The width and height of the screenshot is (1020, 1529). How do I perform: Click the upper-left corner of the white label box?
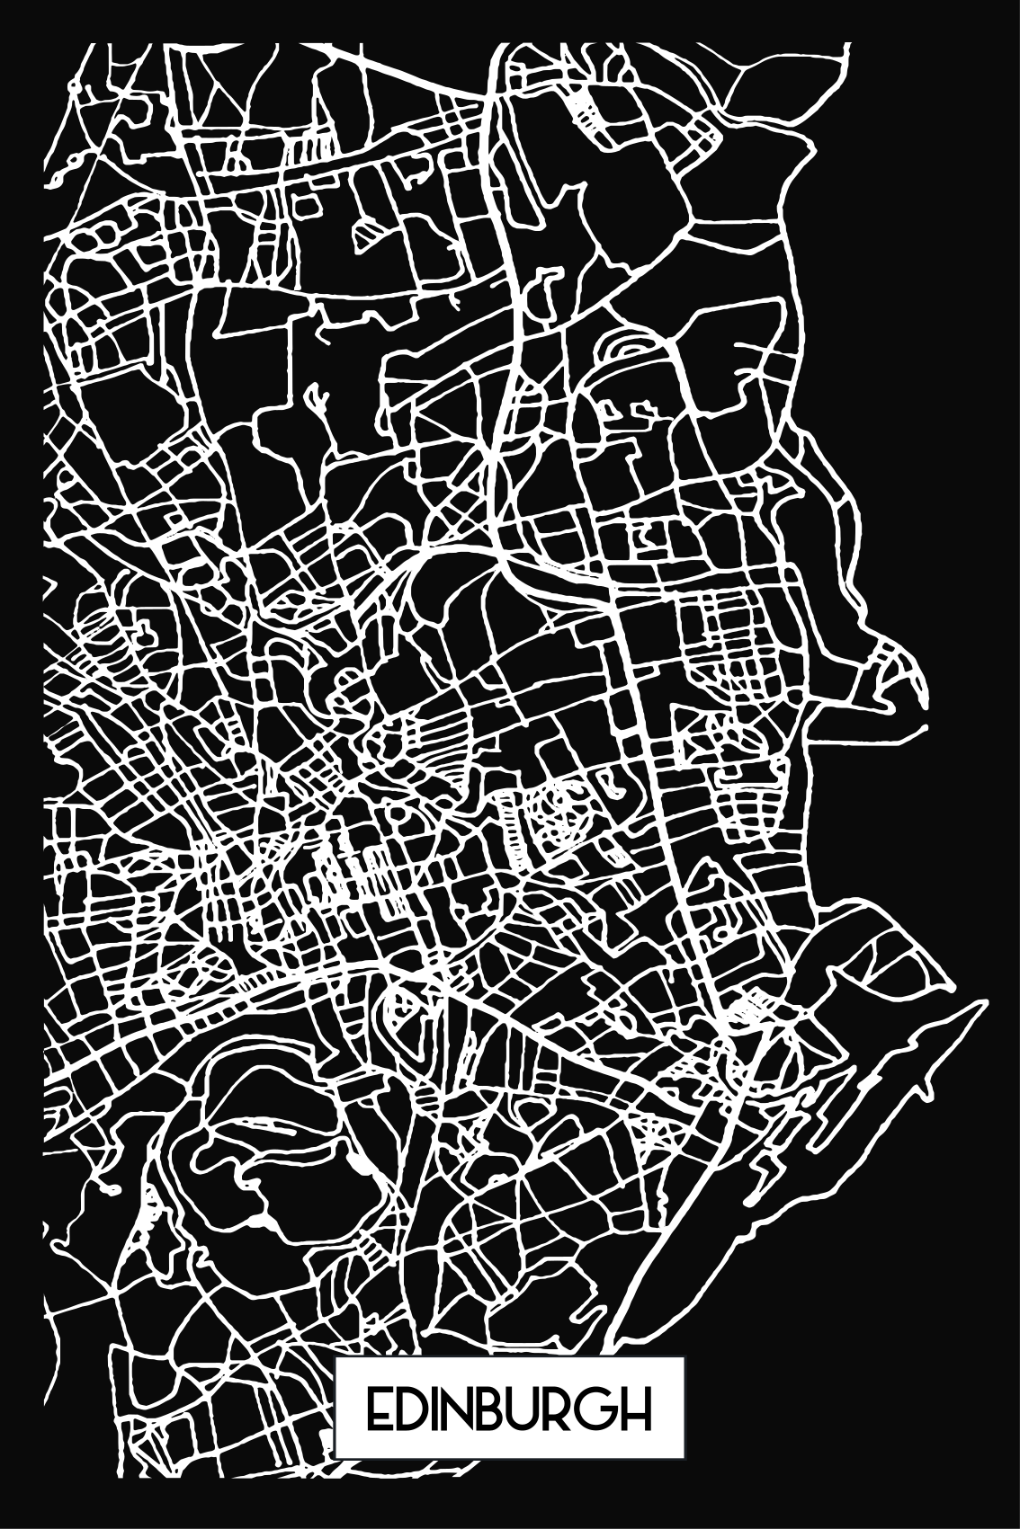point(336,1359)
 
